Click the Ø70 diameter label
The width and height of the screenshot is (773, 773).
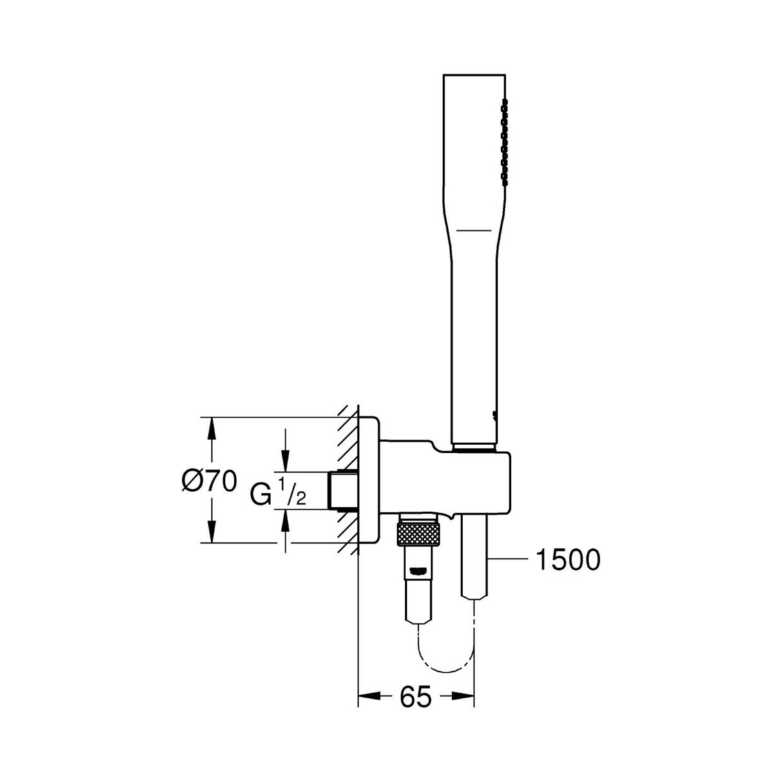coord(208,481)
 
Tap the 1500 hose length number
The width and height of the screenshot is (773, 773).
coord(568,560)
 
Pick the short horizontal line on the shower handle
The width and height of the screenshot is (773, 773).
coord(474,229)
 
